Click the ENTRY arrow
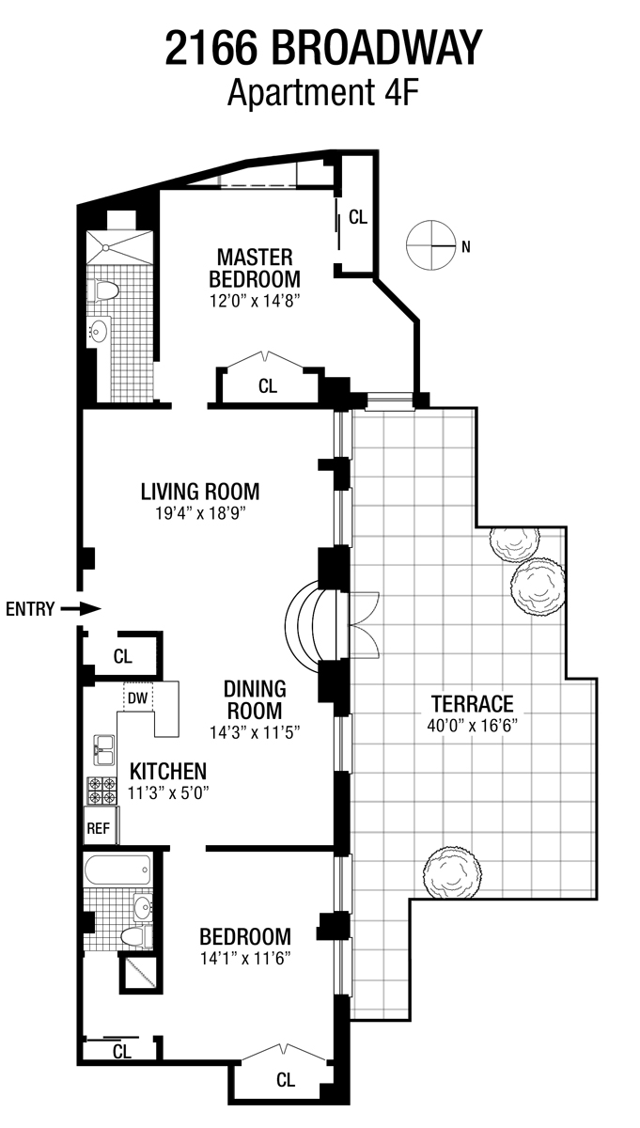(81, 608)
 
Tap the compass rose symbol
(430, 246)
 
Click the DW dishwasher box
(137, 697)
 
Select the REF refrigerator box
(98, 828)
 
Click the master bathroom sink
(98, 330)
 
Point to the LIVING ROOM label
(199, 492)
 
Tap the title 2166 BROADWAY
(323, 48)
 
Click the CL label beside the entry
(123, 655)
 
